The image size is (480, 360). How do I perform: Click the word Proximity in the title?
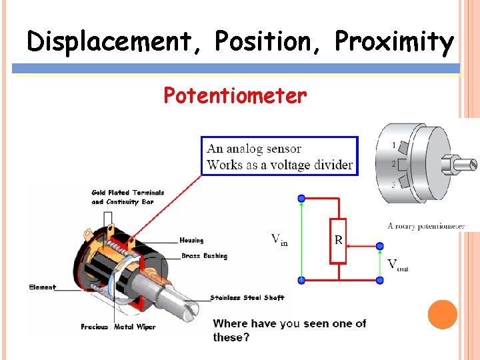tap(393, 41)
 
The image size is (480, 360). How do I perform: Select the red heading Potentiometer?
tap(235, 96)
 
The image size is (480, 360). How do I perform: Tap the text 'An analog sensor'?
tap(254, 149)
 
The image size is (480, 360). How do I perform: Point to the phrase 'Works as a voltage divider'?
tap(280, 165)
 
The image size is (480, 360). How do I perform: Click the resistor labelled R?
tap(339, 240)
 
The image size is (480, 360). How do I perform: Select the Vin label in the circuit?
tap(279, 239)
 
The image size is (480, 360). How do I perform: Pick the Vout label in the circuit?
tap(398, 265)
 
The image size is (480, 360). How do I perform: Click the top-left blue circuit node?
tap(301, 198)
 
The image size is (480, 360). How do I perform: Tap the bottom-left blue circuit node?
tap(301, 280)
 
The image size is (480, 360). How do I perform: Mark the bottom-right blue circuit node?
tap(380, 280)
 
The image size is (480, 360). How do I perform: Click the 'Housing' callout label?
tap(191, 240)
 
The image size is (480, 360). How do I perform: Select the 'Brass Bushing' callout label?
tap(204, 256)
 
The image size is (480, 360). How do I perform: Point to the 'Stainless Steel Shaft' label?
tap(247, 297)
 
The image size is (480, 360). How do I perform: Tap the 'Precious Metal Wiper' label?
tap(118, 327)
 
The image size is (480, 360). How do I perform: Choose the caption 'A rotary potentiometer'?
tap(426, 226)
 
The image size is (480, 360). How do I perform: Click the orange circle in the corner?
tap(442, 315)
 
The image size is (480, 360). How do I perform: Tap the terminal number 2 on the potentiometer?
tap(394, 164)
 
